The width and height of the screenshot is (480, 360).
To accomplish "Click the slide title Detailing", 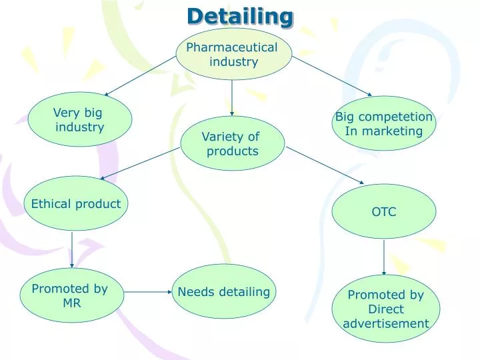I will pos(240,16).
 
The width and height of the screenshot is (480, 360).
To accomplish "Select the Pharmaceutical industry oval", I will pos(233,54).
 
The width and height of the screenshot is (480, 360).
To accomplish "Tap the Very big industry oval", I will pos(79,119).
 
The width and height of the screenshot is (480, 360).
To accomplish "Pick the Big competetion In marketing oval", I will pos(384,124).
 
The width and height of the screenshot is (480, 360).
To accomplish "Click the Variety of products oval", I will pos(232,143).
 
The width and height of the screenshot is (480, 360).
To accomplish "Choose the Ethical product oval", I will pos(76,203).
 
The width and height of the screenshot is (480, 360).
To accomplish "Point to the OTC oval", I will pos(384,212).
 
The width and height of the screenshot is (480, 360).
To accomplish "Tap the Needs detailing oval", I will pos(224,291).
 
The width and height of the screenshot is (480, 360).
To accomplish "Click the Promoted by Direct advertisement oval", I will pos(386,309).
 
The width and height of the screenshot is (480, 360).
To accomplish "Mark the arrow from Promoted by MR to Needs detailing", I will pos(148,292).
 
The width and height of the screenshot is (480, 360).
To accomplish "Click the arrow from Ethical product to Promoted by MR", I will pos(71,249).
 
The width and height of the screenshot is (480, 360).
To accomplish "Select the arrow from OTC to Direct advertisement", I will pos(384,257).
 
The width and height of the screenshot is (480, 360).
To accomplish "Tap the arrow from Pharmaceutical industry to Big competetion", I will pos(332,76).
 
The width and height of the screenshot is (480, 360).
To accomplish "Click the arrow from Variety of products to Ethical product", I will pos(141,163).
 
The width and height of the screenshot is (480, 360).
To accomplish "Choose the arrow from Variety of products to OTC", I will pos(325,165).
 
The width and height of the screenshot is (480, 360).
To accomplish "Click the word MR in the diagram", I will pos(71,303).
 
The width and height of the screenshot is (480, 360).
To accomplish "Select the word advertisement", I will pos(386,324).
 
